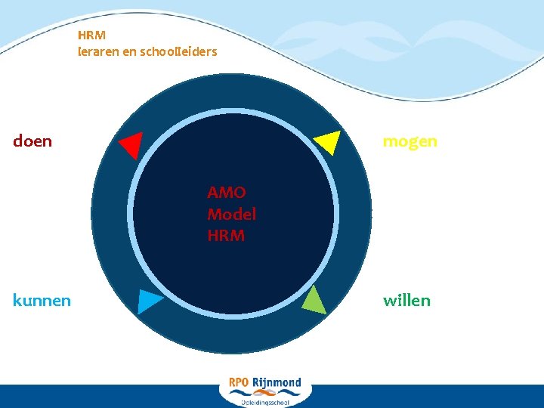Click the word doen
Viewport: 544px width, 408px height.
point(32,141)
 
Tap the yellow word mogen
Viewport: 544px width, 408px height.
point(410,141)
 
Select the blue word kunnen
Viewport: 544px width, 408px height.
point(42,301)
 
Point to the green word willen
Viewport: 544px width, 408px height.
point(406,301)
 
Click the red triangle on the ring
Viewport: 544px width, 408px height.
point(131,144)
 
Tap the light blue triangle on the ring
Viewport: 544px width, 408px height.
point(149,301)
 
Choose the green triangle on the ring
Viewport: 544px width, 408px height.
point(314,301)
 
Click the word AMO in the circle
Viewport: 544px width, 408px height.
point(226,193)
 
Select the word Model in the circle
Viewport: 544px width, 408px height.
point(231,214)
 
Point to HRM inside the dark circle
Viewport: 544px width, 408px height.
point(225,236)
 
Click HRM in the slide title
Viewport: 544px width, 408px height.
point(91,35)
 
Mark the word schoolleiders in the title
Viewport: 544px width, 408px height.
point(181,52)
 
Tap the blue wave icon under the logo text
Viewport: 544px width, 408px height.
point(264,393)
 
